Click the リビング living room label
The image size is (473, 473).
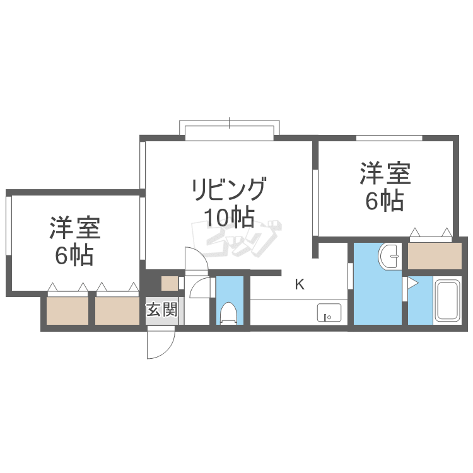[230, 189]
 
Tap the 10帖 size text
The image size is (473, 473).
[230, 217]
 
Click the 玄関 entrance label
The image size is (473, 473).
[162, 309]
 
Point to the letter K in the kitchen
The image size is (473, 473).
[300, 284]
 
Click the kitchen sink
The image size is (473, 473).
[329, 313]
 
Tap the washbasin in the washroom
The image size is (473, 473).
[390, 256]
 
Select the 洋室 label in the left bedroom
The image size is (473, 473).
[75, 227]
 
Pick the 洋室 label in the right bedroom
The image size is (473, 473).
[385, 173]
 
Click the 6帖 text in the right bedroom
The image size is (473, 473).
[385, 201]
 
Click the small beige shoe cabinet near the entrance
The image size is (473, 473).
[170, 284]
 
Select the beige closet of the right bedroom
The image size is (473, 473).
[435, 256]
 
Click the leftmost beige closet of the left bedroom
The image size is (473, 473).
[67, 311]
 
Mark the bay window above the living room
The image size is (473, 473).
[230, 131]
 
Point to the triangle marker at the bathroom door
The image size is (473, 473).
[412, 284]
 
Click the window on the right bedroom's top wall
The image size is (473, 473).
[389, 138]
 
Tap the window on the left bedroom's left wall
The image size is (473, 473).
[8, 226]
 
